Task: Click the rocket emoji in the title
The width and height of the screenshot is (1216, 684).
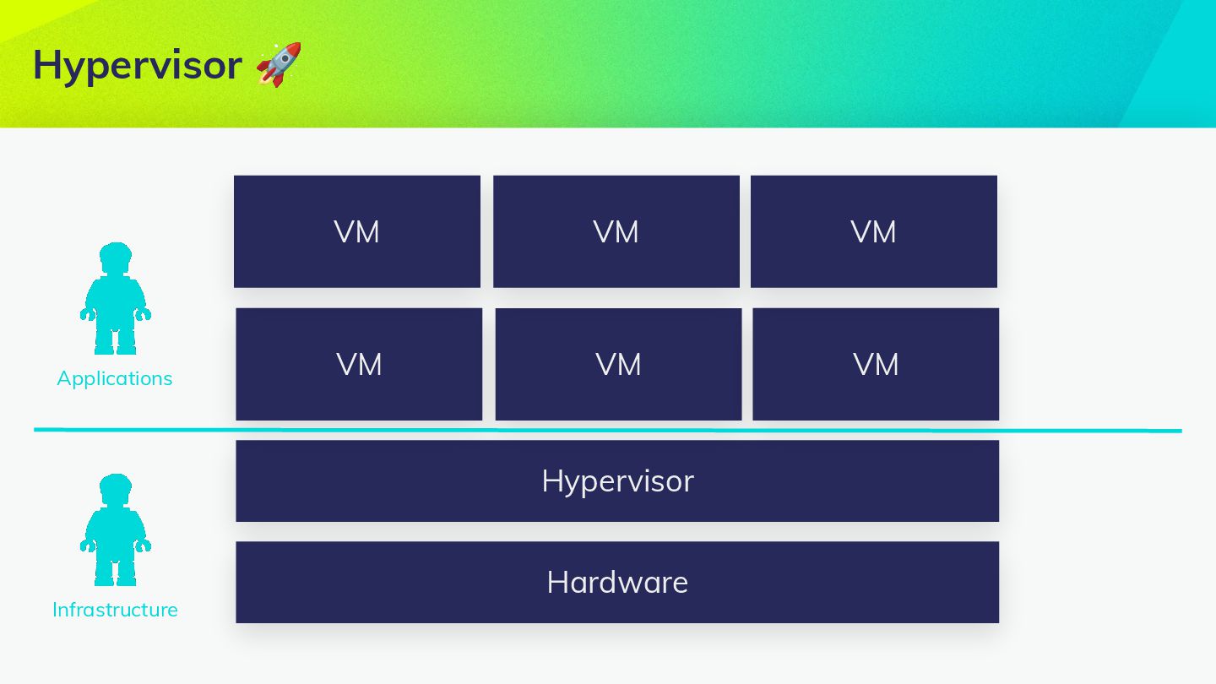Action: pos(279,64)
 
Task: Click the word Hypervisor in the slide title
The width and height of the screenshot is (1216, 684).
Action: pos(137,65)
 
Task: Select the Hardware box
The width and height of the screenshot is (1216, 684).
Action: pos(616,582)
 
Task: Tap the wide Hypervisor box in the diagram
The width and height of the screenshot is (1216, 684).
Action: pos(616,480)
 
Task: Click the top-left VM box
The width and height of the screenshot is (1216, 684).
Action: pos(356,231)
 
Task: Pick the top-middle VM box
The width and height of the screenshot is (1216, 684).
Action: pos(616,231)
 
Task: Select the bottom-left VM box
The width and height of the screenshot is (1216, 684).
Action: pos(359,364)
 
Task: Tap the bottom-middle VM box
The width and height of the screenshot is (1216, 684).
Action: pos(618,364)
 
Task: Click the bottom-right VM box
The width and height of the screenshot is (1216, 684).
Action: pos(876,364)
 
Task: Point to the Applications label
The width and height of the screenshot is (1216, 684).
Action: pos(115,378)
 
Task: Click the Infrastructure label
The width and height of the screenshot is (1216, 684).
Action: pos(115,610)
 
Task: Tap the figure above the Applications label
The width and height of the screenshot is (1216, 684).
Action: pos(116,300)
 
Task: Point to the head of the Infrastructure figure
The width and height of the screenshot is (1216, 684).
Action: pos(116,488)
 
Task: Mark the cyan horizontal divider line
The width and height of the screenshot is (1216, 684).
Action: pos(608,430)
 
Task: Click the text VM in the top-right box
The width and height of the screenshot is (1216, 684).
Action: pos(873,232)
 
